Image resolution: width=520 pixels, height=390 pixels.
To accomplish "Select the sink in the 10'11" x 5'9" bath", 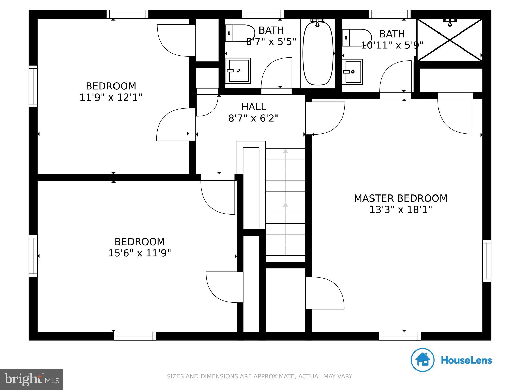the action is (x=352, y=72).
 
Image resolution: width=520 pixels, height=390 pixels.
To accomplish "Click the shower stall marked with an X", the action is (x=450, y=40).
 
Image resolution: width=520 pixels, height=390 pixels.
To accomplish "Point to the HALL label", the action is (x=254, y=107).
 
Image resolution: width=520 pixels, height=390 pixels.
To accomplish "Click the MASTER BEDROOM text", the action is (x=401, y=198).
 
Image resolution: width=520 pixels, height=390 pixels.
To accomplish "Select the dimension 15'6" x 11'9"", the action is (x=140, y=253).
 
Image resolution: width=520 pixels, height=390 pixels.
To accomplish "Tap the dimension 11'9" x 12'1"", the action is (x=111, y=97).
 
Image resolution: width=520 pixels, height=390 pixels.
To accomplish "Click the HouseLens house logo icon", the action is (x=423, y=360).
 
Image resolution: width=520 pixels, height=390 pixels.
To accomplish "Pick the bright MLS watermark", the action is (x=32, y=380).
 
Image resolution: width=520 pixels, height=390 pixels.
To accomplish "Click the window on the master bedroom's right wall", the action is (x=487, y=261).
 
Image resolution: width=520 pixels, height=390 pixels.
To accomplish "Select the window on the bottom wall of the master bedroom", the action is (x=400, y=336).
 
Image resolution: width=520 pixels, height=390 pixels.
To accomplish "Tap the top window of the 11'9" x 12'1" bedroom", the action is (x=127, y=14).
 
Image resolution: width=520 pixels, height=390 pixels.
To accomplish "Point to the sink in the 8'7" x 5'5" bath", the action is (x=238, y=71).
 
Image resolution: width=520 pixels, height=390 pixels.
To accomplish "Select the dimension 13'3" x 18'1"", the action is (x=401, y=210).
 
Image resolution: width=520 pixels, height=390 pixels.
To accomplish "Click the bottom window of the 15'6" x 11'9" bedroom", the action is (x=135, y=336).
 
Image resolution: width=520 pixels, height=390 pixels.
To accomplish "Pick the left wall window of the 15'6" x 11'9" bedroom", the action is (x=33, y=256).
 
